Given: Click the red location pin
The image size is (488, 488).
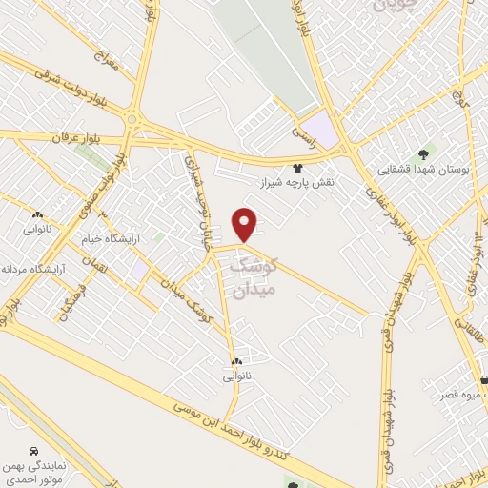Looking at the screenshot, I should (246, 223).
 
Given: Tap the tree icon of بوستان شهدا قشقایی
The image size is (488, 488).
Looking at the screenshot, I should (423, 153).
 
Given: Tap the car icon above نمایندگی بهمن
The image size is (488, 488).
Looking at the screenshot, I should (34, 449).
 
